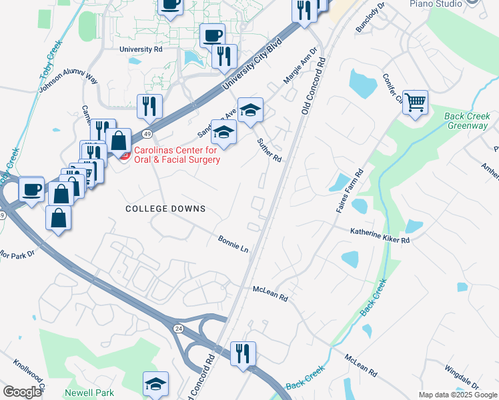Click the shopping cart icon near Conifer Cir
click(x=415, y=103)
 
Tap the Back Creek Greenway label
click(x=466, y=121)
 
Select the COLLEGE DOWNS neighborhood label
click(x=165, y=209)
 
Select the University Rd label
click(x=141, y=49)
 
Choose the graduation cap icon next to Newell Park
click(x=155, y=383)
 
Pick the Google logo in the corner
click(x=22, y=391)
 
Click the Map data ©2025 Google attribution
click(x=457, y=395)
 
